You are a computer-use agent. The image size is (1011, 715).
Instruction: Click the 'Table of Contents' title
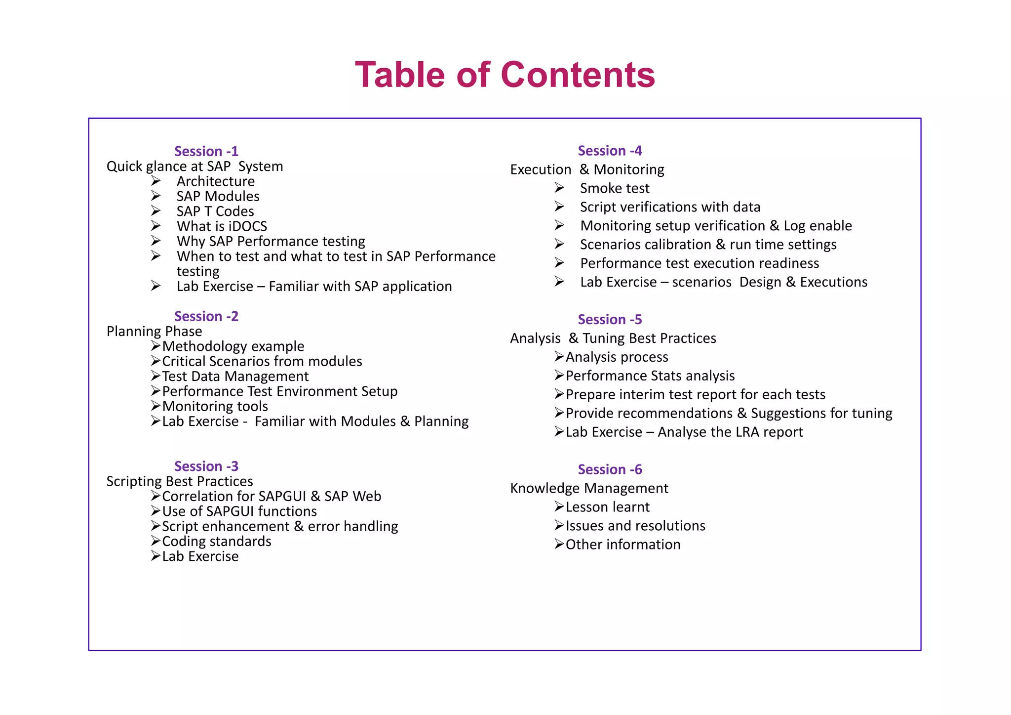click(x=505, y=75)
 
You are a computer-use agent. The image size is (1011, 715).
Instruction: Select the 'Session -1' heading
click(x=206, y=151)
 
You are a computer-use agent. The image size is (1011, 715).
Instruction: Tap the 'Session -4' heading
click(x=610, y=151)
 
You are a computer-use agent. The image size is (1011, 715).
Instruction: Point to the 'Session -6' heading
click(x=610, y=469)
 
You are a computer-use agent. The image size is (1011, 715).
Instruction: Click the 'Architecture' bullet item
click(x=216, y=181)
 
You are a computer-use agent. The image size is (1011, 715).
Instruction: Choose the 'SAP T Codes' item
click(x=215, y=211)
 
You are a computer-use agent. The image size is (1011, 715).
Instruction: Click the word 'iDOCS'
click(x=248, y=226)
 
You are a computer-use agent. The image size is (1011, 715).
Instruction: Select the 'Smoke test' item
click(x=615, y=188)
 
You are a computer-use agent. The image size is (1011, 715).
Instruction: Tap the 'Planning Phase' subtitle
click(x=154, y=331)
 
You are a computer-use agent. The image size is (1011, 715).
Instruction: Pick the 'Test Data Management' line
click(x=235, y=377)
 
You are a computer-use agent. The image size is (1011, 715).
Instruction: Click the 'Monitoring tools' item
click(x=215, y=406)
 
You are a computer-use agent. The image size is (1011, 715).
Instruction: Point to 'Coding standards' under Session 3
click(x=216, y=542)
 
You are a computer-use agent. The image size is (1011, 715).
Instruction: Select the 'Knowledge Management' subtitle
click(x=589, y=488)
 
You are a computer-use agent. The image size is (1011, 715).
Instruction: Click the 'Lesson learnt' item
click(x=607, y=507)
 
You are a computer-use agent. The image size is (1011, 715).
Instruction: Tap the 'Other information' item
click(x=622, y=545)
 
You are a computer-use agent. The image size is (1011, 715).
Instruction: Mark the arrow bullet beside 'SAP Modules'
click(x=156, y=196)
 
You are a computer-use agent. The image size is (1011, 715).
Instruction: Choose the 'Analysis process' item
click(x=617, y=357)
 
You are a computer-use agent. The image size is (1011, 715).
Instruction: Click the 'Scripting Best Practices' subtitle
click(x=180, y=481)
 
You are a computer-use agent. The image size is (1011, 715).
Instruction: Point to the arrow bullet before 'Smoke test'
click(x=559, y=188)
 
